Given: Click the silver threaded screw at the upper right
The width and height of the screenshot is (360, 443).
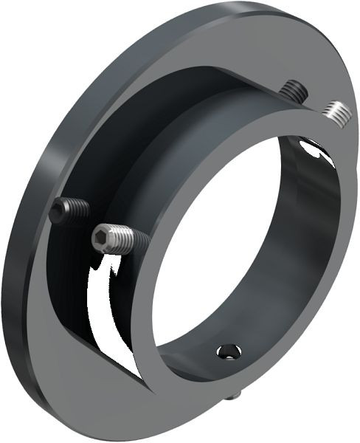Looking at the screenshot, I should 336,112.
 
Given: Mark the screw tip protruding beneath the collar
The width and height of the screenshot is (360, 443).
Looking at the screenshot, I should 235,396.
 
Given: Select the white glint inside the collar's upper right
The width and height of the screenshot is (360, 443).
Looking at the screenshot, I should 316,152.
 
